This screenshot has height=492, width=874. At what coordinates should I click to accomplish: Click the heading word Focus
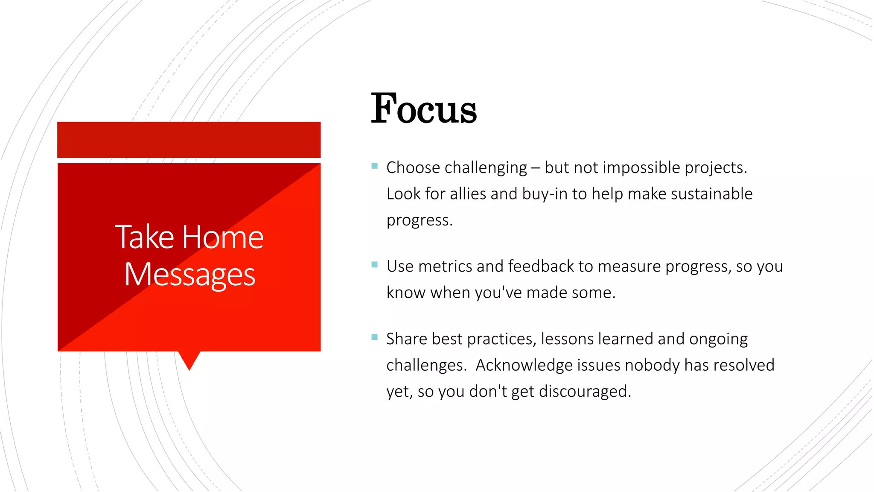pyautogui.click(x=423, y=109)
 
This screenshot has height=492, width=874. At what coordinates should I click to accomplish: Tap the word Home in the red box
pyautogui.click(x=223, y=237)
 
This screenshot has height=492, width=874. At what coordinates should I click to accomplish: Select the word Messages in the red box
pyautogui.click(x=190, y=275)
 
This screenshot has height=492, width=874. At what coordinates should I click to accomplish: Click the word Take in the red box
pyautogui.click(x=145, y=237)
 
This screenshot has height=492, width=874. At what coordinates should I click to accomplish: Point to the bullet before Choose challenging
pyautogui.click(x=375, y=166)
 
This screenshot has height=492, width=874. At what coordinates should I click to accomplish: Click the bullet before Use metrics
pyautogui.click(x=375, y=264)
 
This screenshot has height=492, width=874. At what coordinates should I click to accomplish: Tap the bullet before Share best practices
pyautogui.click(x=375, y=337)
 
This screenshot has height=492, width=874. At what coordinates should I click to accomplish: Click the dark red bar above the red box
pyautogui.click(x=189, y=140)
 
